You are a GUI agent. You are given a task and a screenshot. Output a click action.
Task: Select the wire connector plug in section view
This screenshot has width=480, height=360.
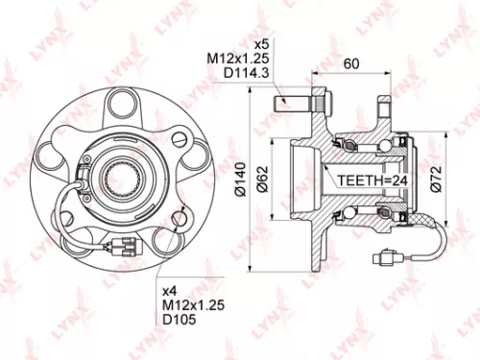click(387, 256)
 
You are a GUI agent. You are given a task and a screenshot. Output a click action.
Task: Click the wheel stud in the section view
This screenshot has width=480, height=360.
click(291, 99)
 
